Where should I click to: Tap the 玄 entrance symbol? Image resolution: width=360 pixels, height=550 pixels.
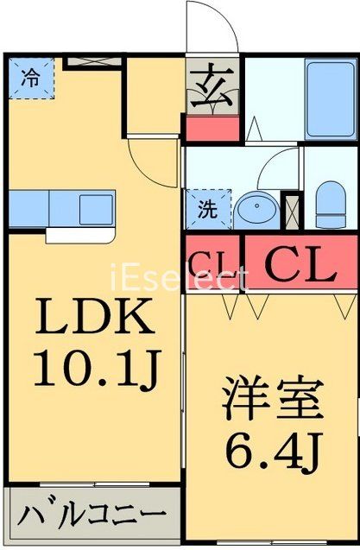212,87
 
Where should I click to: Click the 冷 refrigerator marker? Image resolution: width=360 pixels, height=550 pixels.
30,76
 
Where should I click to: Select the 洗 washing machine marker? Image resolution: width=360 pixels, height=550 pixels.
207,209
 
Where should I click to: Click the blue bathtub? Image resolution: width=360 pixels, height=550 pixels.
327,99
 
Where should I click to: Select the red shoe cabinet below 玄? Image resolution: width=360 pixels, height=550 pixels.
212,127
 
